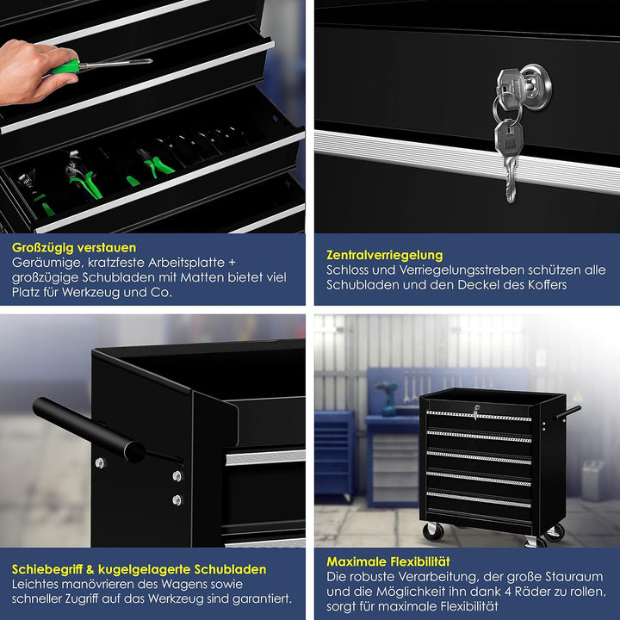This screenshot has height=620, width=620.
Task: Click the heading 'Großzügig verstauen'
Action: [x=74, y=247]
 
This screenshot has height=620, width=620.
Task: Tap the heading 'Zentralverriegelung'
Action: [x=384, y=255]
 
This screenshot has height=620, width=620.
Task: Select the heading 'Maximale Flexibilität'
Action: [x=387, y=561]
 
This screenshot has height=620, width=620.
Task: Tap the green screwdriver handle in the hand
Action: [x=65, y=67]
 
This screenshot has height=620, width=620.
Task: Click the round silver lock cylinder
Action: [x=536, y=87]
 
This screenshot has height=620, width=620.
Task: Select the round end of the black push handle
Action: [x=134, y=451]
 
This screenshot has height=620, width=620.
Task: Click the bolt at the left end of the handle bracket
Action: [x=101, y=462]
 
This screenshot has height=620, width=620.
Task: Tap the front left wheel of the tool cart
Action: [x=433, y=530]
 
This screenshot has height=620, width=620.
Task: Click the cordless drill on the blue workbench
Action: [x=388, y=398]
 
